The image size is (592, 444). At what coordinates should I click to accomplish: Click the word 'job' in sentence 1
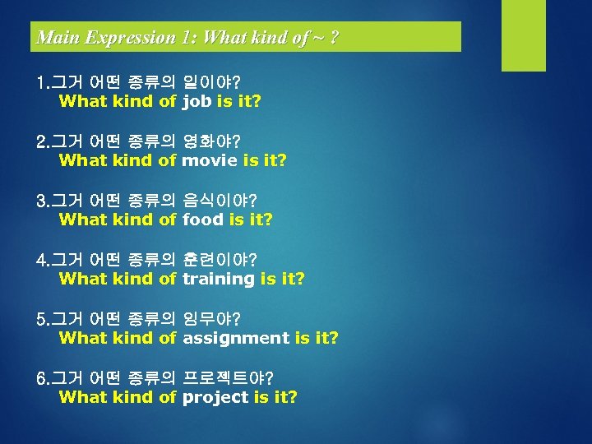pyautogui.click(x=197, y=102)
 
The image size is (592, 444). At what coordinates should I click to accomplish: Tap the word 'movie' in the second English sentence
pyautogui.click(x=210, y=160)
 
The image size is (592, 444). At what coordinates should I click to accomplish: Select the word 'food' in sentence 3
pyautogui.click(x=203, y=220)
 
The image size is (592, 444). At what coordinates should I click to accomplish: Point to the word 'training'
pyautogui.click(x=219, y=279)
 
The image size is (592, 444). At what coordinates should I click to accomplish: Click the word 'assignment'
pyautogui.click(x=236, y=338)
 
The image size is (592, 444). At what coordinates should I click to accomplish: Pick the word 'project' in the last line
pyautogui.click(x=215, y=397)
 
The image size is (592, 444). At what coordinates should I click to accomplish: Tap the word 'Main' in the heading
pyautogui.click(x=54, y=38)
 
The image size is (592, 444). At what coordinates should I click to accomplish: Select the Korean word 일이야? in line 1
pyautogui.click(x=211, y=83)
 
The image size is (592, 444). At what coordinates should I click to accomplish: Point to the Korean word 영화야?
pyautogui.click(x=211, y=141)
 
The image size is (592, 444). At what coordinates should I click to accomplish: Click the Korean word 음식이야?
pyautogui.click(x=220, y=201)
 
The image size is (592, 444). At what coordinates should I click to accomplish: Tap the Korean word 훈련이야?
pyautogui.click(x=220, y=260)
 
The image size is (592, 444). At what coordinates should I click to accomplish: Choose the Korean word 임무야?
pyautogui.click(x=211, y=318)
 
